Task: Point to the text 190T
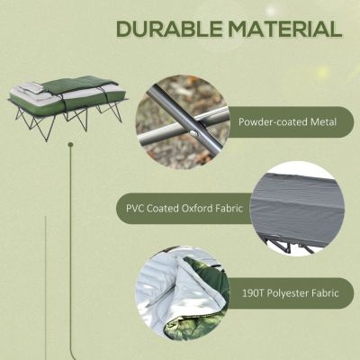click(x=256, y=292)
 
